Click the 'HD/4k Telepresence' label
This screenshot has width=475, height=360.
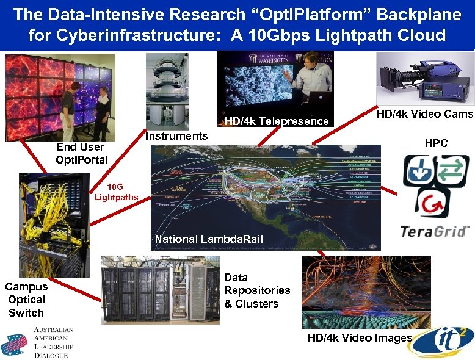pyautogui.click(x=277, y=121)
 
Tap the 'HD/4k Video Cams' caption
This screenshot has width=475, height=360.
pyautogui.click(x=424, y=114)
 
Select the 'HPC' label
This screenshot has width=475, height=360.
pyautogui.click(x=436, y=143)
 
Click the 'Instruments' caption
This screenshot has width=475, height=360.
pyautogui.click(x=176, y=136)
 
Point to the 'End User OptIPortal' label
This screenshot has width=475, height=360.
pyautogui.click(x=81, y=153)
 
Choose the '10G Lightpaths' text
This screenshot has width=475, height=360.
pyautogui.click(x=116, y=192)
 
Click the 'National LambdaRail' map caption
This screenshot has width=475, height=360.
pyautogui.click(x=209, y=239)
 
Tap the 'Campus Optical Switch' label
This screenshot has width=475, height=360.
pyautogui.click(x=26, y=300)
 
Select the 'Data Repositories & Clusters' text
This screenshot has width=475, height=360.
pyautogui.click(x=256, y=290)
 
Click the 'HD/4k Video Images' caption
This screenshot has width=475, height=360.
pyautogui.click(x=360, y=338)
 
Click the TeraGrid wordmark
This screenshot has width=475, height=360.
pyautogui.click(x=435, y=231)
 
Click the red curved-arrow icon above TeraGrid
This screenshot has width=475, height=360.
pyautogui.click(x=434, y=204)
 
